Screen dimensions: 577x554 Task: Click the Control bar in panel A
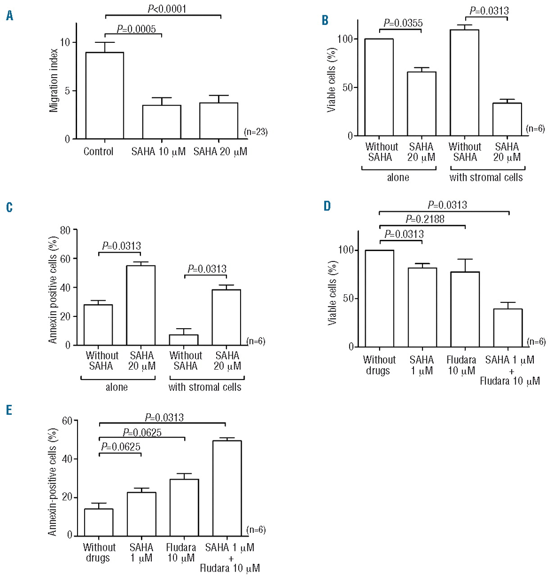104,96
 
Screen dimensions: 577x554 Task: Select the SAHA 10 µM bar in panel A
162,122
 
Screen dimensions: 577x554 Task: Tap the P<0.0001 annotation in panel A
167,9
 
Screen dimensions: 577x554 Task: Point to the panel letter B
325,20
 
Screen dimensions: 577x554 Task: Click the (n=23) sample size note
255,132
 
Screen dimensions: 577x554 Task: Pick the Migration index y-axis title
54,80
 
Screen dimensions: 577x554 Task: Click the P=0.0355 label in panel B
403,23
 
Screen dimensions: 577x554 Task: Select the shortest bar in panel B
507,119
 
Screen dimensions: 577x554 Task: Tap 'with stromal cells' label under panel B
486,178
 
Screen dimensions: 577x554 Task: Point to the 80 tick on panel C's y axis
65,230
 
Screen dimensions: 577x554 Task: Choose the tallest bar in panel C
141,305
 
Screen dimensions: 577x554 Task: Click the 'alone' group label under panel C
117,387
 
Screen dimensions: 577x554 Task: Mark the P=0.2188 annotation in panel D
425,220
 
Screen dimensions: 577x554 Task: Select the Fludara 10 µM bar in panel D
465,309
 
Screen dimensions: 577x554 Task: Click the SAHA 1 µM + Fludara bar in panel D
508,328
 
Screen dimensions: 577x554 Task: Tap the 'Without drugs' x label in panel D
379,365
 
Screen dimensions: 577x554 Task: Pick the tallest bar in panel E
227,488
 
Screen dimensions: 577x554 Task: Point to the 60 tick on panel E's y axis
67,421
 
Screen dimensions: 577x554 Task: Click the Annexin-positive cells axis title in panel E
53,481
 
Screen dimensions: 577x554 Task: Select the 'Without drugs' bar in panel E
99,522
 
